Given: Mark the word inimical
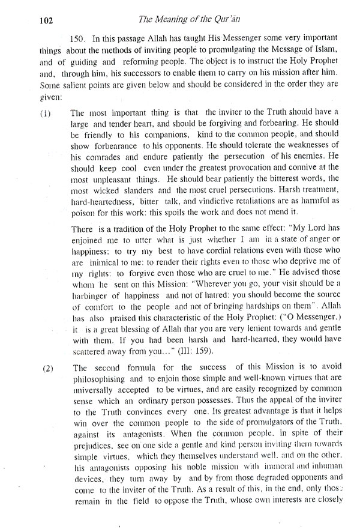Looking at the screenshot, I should [103, 266].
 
